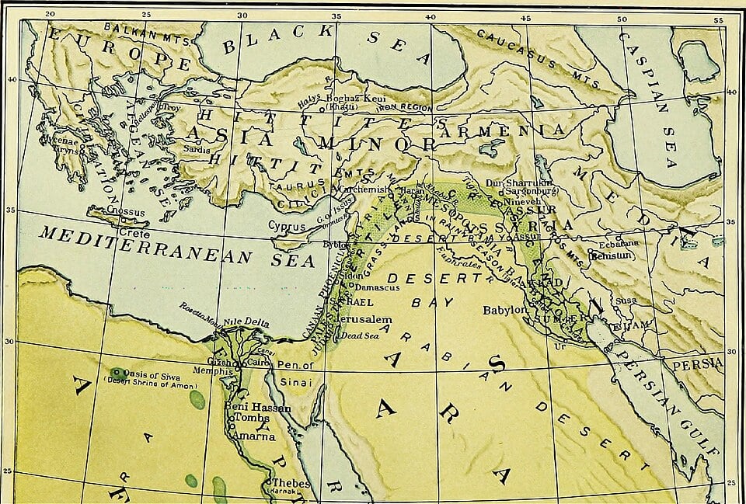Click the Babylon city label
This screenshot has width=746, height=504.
coord(505,310)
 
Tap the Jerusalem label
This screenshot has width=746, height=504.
coord(364,319)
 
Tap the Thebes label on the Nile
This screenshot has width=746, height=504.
coord(291,483)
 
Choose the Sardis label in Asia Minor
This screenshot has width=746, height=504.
coord(196,148)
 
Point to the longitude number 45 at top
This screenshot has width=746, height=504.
coord(525,17)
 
